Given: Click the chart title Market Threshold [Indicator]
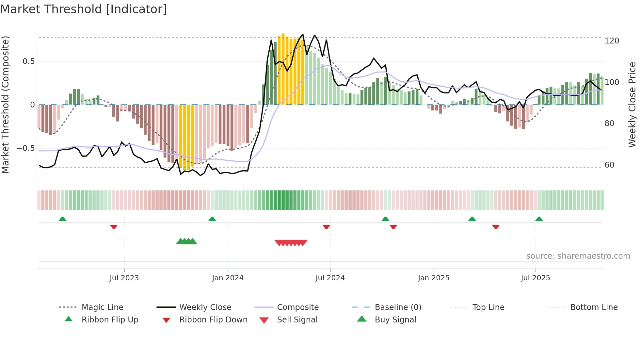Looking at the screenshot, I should [x=84, y=9].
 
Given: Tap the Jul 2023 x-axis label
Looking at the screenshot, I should [x=124, y=278].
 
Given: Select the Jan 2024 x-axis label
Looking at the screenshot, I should [x=228, y=278].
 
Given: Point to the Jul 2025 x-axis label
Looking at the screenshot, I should [x=535, y=278].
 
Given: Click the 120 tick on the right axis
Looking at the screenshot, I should [x=612, y=41].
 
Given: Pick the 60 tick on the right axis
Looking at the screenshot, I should [x=609, y=165].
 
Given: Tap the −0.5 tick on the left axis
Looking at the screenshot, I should [x=25, y=148].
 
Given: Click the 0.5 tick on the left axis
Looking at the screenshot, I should [x=28, y=61].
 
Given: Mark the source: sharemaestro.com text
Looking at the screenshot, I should [x=578, y=256].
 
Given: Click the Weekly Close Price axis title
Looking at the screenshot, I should [x=632, y=105].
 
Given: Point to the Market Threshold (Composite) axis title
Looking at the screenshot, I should [x=5, y=105].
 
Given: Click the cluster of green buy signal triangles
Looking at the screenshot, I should [x=186, y=241].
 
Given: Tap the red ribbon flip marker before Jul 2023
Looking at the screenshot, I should [x=114, y=227].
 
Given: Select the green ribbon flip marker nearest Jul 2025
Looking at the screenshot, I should [x=539, y=219].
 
